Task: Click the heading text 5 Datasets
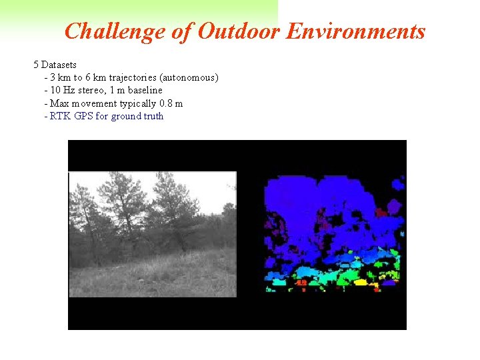point(55,65)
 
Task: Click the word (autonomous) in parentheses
point(189,77)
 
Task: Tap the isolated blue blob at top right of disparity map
point(397,182)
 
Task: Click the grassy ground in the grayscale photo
point(167,277)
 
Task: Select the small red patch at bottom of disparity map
point(301,283)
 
